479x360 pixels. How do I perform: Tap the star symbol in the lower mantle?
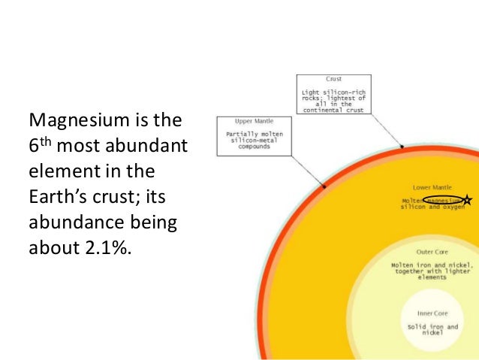coord(467,200)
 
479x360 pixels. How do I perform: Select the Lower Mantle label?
coord(434,186)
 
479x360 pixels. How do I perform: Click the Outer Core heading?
coord(432,253)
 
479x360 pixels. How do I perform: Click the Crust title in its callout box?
coord(333,78)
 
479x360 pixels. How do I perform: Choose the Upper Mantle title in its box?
coord(255,120)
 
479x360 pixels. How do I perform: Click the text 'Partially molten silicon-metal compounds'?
coord(255,140)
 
